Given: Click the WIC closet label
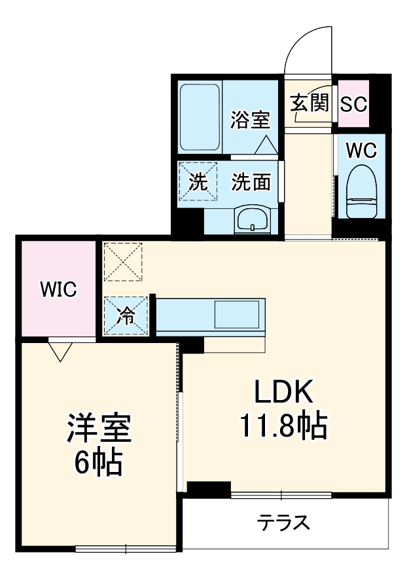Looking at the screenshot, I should tap(58, 288).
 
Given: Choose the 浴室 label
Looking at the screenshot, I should tap(251, 120).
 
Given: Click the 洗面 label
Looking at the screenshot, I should tap(251, 183).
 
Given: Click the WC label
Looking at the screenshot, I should tap(361, 151).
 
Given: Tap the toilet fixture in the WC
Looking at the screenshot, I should tap(361, 192).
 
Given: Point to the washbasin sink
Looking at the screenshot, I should tap(252, 219).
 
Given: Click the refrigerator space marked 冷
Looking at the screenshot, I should tap(126, 316).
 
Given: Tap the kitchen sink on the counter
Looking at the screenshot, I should tap(238, 315).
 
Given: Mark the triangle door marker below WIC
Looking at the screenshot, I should tap(60, 352).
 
